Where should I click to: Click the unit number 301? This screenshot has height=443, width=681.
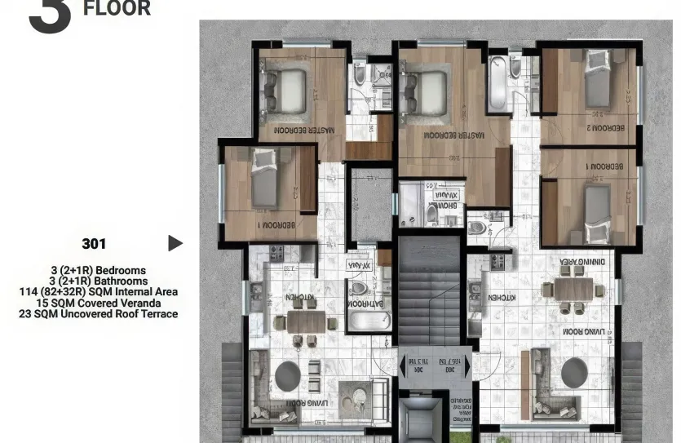click(94, 243)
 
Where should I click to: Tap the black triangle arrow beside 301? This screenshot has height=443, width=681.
click(175, 243)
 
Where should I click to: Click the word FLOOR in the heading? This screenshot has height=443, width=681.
click(117, 9)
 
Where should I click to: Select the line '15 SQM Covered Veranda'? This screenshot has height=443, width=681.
click(98, 303)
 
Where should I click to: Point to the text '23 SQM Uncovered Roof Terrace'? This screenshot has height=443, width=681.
click(98, 313)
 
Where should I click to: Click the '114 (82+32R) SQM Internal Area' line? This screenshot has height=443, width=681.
click(98, 292)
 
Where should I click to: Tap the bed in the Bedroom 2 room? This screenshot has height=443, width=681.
click(597, 80)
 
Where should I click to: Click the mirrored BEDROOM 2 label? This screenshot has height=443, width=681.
click(600, 128)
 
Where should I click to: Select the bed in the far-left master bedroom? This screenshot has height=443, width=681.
click(282, 88)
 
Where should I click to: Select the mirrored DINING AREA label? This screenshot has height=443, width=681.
click(580, 262)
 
